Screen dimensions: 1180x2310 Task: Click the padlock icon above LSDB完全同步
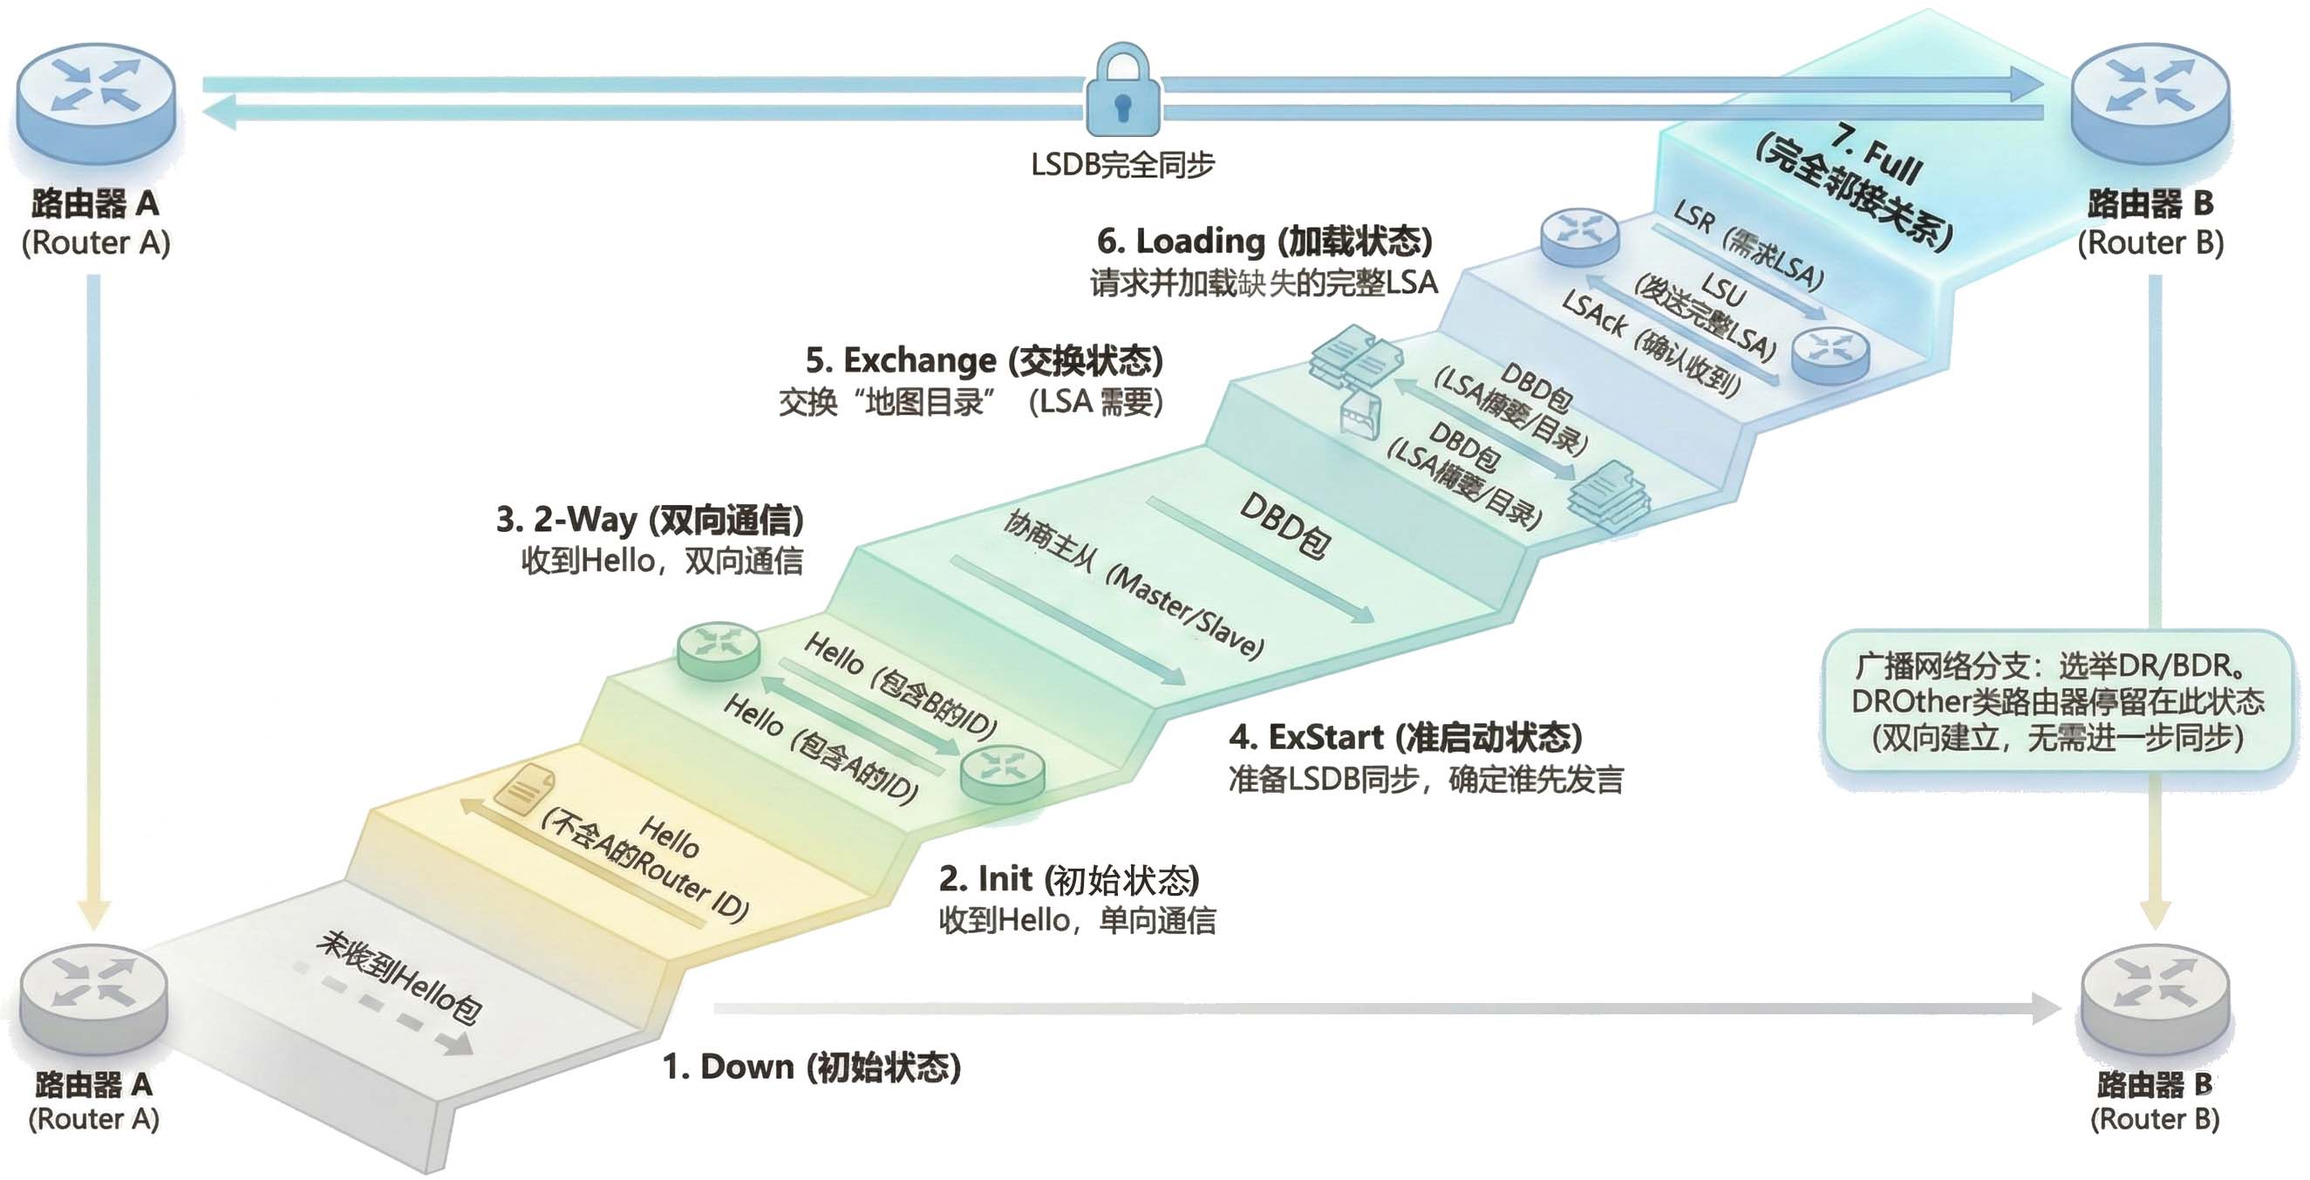coord(1122,92)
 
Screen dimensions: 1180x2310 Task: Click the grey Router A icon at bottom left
coord(93,999)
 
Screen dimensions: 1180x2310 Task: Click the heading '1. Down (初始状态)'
coord(812,1067)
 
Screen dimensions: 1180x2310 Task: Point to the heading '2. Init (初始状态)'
coord(1069,879)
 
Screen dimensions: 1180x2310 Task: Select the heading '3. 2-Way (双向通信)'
coord(651,519)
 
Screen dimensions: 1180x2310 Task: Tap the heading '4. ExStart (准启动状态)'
coord(1405,737)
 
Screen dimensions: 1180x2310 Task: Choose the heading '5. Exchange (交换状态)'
coord(984,360)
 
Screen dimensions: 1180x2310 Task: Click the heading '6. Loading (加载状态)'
coord(1264,242)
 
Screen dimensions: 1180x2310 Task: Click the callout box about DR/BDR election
coord(2057,701)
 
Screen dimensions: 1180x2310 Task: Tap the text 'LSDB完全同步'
coord(1122,165)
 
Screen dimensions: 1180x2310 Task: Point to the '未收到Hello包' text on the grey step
coord(400,978)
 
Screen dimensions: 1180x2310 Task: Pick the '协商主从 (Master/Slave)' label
coord(1133,584)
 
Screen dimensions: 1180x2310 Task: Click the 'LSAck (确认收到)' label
coord(1652,344)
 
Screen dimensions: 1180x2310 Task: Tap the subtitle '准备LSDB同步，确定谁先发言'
coord(1426,778)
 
